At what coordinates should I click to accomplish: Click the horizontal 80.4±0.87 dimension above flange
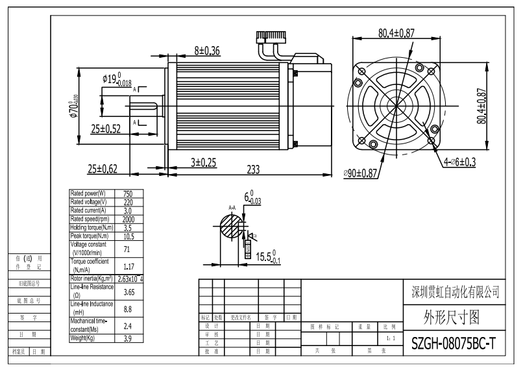pos(406,32)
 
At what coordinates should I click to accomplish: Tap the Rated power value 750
pos(128,193)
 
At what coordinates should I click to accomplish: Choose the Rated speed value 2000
pos(128,219)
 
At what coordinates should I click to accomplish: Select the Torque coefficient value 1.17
pos(128,266)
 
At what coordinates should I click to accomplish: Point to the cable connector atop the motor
pos(272,36)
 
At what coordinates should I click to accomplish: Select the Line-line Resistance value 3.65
pos(128,292)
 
